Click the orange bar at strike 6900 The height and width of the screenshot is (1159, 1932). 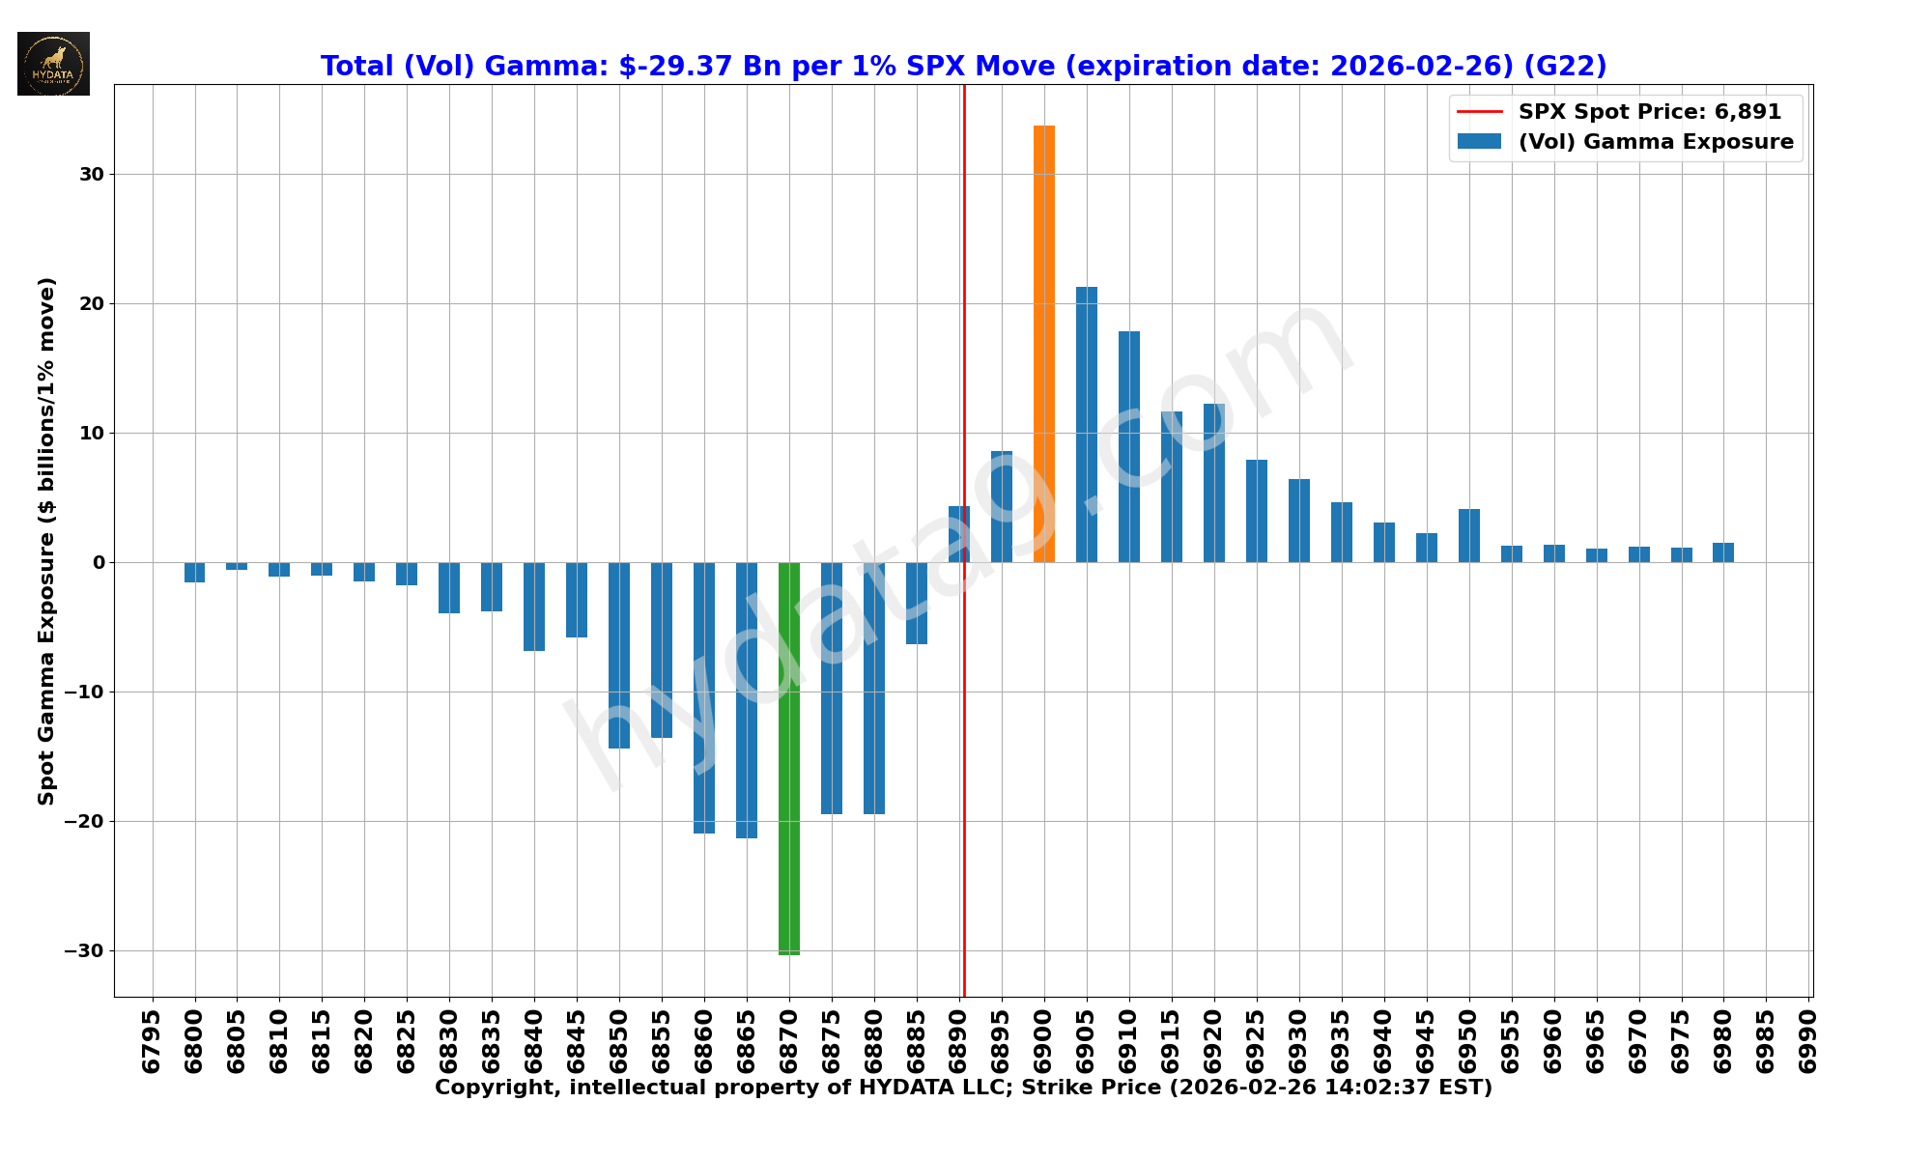(x=1043, y=344)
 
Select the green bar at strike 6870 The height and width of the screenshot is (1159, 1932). (x=788, y=758)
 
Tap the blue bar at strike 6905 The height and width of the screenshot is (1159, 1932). (x=1086, y=425)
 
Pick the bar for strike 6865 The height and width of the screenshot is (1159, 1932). (x=746, y=700)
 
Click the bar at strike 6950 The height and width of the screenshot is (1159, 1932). (x=1468, y=536)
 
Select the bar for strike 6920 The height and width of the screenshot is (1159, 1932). (x=1213, y=483)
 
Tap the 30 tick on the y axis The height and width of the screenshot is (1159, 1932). (x=92, y=175)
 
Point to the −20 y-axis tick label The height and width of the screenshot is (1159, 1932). (x=84, y=822)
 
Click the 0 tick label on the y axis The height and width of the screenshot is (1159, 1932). (x=98, y=563)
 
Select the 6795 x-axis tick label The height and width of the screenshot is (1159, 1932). (x=152, y=1041)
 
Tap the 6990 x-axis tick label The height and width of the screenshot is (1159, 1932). (x=1807, y=1041)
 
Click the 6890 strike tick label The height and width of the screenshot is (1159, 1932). (x=957, y=1041)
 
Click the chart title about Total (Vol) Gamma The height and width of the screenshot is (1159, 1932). (x=963, y=67)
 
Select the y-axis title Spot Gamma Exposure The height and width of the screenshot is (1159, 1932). (x=46, y=541)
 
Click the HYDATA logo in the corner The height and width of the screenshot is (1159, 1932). (x=53, y=64)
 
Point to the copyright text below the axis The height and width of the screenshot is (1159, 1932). (x=963, y=1088)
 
